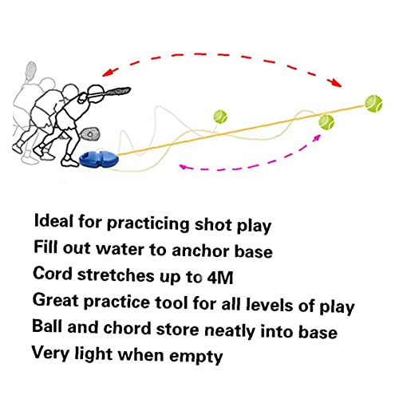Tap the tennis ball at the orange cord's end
coord(373,102)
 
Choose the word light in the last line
coord(99,353)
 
